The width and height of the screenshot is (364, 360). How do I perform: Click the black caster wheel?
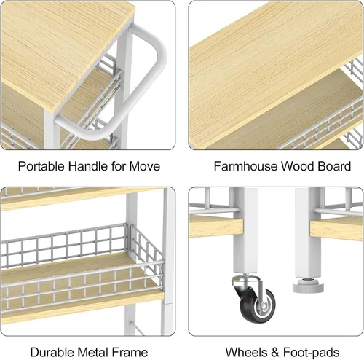[258, 305]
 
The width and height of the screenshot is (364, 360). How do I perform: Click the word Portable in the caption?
[41, 166]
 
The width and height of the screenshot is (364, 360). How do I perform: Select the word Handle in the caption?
[88, 166]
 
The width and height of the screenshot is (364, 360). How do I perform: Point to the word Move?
[145, 166]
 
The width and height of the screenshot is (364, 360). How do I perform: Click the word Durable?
[52, 352]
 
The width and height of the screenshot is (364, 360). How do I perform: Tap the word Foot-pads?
[312, 352]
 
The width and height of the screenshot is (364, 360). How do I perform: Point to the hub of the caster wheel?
[263, 307]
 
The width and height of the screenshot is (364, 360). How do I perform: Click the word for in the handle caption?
[119, 166]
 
